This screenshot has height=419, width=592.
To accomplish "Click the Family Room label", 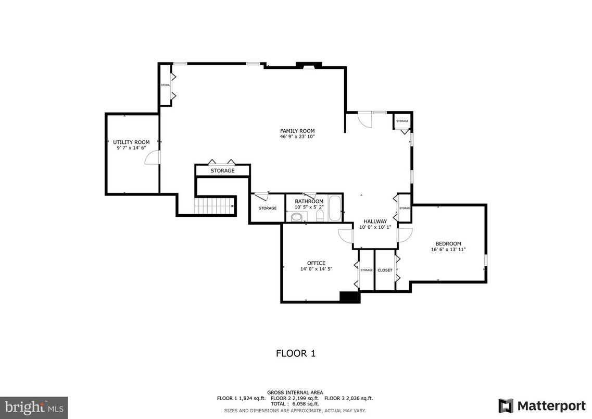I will [297, 131].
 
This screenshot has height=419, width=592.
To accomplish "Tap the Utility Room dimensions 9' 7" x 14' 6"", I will [131, 148].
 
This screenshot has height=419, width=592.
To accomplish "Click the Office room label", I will [316, 263].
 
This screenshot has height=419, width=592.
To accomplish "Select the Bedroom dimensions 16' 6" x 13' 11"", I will [448, 250].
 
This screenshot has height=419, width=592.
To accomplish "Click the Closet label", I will [385, 270].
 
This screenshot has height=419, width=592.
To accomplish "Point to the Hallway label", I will [375, 221].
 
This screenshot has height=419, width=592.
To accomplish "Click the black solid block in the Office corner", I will [349, 297].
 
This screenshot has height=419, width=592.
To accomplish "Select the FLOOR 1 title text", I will [295, 353].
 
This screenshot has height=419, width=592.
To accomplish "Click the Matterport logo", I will [541, 405].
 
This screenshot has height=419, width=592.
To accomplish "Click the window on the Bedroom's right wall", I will [486, 261].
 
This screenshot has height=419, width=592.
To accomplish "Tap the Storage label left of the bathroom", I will [268, 208].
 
